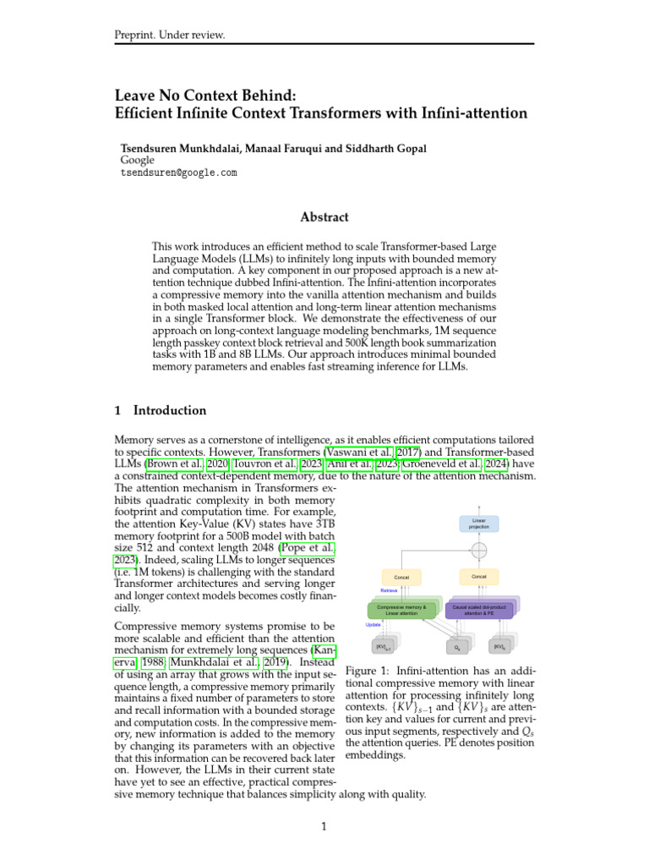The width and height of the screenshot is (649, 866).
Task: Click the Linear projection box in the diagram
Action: [479, 523]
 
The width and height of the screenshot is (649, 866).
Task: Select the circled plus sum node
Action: [479, 551]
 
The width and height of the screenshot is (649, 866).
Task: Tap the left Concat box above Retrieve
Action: [401, 577]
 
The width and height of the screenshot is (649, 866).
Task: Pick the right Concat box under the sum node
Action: [479, 576]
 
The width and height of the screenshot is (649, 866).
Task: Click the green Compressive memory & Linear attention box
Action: [401, 610]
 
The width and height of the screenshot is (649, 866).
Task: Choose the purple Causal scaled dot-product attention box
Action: [478, 610]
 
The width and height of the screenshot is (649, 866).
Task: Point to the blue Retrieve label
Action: [389, 590]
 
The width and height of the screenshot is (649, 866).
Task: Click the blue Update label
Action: [373, 625]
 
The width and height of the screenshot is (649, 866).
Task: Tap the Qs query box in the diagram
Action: [457, 647]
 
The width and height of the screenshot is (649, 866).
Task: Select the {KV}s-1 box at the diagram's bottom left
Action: [383, 647]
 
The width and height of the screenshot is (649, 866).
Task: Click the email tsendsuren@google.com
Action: [179, 173]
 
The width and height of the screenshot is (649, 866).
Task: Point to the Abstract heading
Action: [324, 216]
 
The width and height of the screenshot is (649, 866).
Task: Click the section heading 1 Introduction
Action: [161, 411]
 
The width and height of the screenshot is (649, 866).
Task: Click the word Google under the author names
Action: [138, 160]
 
